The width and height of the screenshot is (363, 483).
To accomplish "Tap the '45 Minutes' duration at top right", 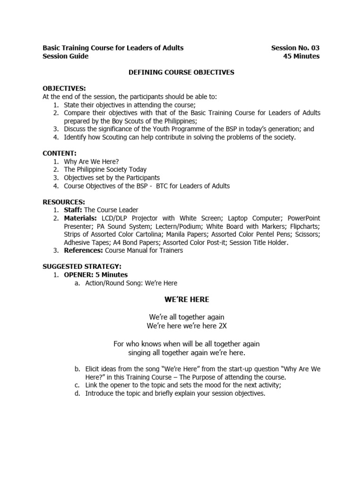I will coord(301,56).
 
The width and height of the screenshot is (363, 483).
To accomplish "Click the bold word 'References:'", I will coord(84,250).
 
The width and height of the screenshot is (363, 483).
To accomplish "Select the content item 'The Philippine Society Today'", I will coord(105,169).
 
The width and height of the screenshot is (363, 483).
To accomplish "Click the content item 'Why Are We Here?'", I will coord(91,161).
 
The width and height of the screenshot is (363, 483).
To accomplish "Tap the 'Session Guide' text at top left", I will coord(66,56).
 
